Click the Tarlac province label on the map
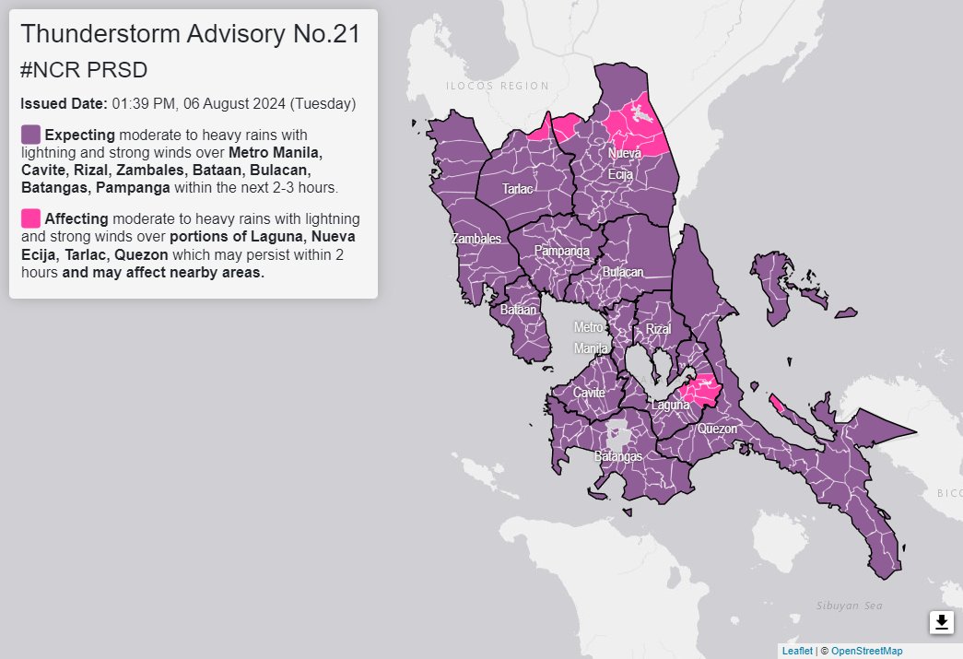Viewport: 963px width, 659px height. pos(517,188)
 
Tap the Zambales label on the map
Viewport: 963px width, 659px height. pos(476,239)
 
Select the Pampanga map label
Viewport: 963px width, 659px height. pos(561,250)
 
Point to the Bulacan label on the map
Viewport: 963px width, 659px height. pos(622,273)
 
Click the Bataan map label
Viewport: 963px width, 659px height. pos(518,311)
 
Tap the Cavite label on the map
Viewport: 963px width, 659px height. pos(589,393)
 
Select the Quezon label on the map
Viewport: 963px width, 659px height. pos(717,429)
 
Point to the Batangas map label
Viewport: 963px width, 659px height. pos(617,456)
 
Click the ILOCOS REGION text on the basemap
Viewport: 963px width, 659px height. pos(497,87)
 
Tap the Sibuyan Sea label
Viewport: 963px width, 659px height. pos(849,606)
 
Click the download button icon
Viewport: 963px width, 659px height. pos(941,622)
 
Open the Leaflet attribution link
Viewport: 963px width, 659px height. pos(796,651)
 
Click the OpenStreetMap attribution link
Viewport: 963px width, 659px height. pos(867,651)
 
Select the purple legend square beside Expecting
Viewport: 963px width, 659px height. pos(30,134)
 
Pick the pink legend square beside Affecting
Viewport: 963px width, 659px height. pos(30,218)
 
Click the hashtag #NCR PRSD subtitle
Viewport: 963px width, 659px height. pos(84,70)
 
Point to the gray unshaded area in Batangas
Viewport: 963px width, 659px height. pos(617,433)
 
